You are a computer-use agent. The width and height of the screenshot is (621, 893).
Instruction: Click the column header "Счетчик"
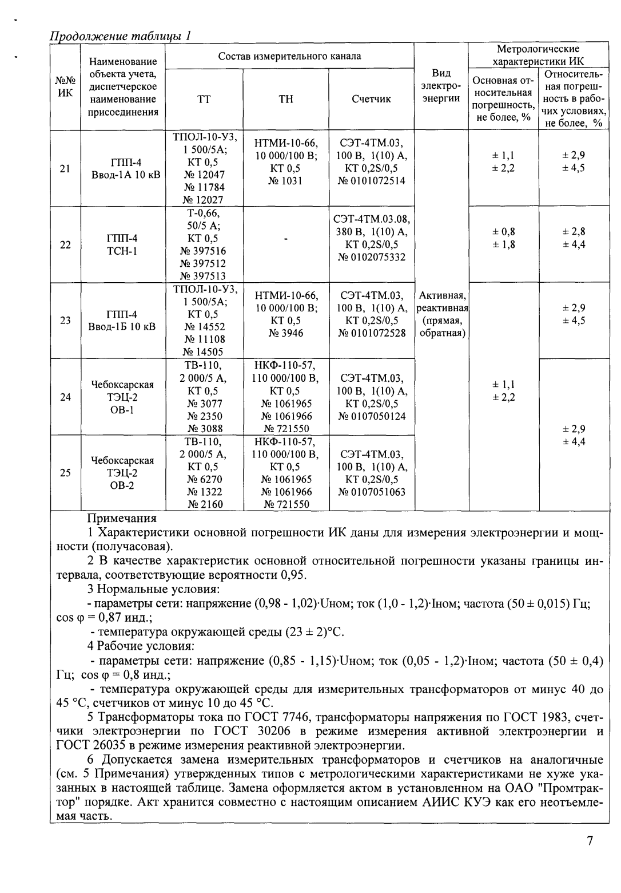pos(371,99)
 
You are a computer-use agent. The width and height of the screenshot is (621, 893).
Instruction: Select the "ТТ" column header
pos(204,99)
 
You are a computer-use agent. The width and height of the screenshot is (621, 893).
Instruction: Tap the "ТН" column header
pos(286,99)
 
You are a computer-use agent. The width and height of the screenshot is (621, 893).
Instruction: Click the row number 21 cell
pos(66,168)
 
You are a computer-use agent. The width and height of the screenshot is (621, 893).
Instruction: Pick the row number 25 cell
pos(66,473)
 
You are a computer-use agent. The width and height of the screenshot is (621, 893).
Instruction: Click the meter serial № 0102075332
pos(372,258)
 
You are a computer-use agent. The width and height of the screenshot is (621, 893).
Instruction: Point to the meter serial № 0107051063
pos(372,492)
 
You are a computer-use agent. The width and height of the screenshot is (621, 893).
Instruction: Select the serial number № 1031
pos(286,181)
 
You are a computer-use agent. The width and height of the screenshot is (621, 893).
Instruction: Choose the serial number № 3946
pos(286,333)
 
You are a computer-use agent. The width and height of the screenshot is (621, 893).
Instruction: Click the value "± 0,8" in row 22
pos(504,232)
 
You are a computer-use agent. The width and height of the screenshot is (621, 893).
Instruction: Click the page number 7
pos(590,840)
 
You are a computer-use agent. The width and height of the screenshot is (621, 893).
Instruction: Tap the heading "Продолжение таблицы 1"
pos(120,35)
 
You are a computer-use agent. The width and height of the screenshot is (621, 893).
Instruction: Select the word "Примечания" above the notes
pos(121,519)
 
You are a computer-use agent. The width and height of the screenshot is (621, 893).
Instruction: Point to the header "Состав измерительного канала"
pos(289,56)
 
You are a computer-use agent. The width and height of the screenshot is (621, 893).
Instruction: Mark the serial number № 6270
pos(204,479)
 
